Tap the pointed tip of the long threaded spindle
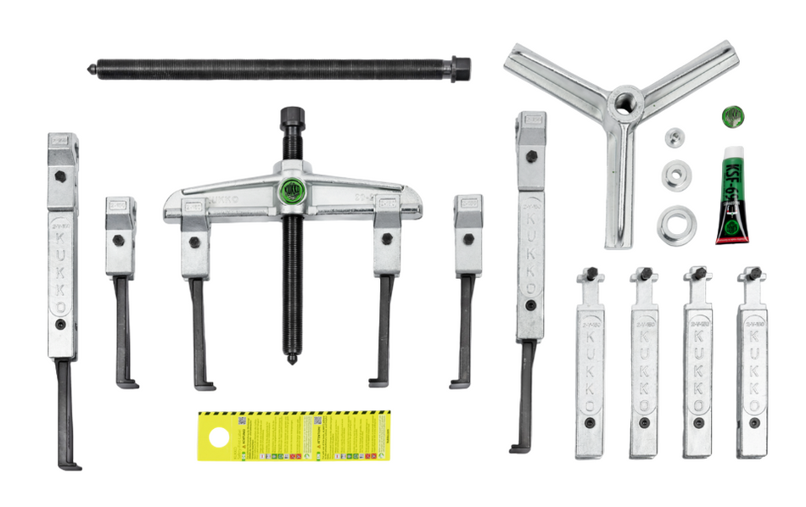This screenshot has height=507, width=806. [90, 70]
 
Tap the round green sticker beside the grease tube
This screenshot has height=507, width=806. [732, 116]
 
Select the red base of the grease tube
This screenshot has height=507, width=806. [731, 238]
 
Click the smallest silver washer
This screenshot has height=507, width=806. [674, 137]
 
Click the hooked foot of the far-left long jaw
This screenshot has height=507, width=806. [70, 465]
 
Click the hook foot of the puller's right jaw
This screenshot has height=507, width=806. [378, 383]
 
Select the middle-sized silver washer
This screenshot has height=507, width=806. [676, 173]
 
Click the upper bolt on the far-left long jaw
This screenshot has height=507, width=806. [61, 176]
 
